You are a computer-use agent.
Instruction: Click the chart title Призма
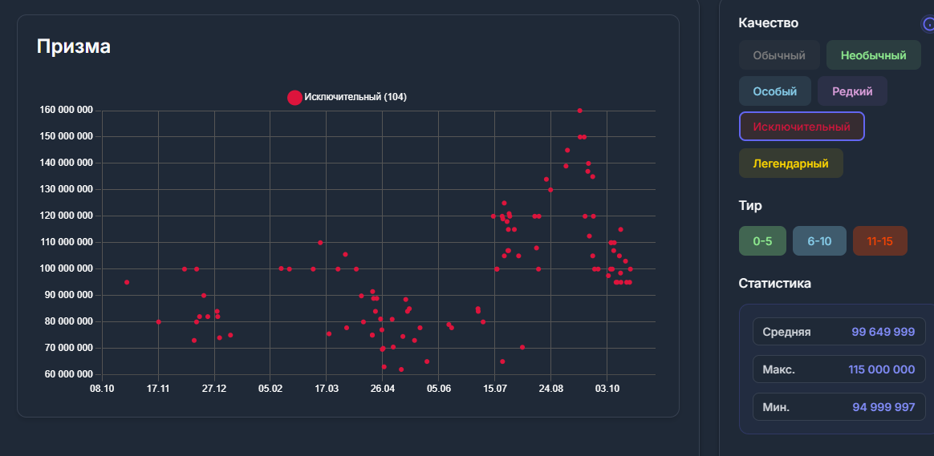click(74, 46)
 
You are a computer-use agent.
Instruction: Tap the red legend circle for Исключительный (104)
click(294, 98)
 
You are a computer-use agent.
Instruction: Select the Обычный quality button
click(779, 55)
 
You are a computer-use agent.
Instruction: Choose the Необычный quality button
click(873, 55)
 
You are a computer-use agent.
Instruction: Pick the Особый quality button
click(774, 91)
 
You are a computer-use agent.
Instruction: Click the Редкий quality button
click(851, 91)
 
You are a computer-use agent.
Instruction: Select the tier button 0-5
click(761, 241)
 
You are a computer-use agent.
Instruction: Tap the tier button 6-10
click(818, 241)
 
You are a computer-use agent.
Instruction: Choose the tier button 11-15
click(879, 241)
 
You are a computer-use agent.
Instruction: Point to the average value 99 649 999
click(883, 332)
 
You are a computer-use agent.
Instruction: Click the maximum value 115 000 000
click(881, 369)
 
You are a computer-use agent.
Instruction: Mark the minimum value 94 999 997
click(883, 407)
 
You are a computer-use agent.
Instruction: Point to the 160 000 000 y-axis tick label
click(66, 110)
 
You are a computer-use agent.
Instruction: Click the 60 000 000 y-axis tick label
click(68, 374)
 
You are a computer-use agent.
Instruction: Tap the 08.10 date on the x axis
click(102, 389)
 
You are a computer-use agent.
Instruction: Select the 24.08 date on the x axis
click(550, 389)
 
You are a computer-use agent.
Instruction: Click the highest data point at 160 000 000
click(579, 111)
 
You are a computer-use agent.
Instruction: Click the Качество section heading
click(768, 23)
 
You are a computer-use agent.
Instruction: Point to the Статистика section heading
click(774, 283)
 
